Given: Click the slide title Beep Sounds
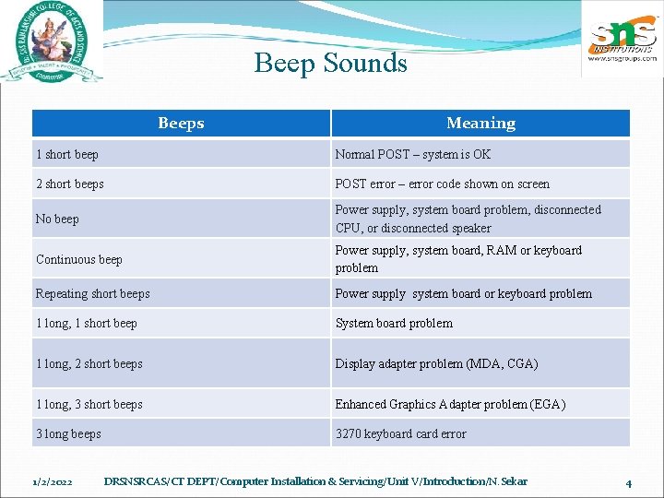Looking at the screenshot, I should [x=330, y=63].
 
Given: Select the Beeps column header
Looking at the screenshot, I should [x=181, y=124].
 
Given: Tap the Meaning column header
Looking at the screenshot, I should [x=480, y=124].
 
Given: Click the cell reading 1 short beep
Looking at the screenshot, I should [x=67, y=154].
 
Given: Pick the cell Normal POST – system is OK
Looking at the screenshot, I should [x=413, y=154].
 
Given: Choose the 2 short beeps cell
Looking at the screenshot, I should [x=70, y=184].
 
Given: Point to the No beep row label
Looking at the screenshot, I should [x=57, y=219].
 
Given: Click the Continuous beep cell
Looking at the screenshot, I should [x=79, y=259].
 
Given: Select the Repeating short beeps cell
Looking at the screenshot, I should [x=92, y=293].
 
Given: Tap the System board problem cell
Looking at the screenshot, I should [x=394, y=323].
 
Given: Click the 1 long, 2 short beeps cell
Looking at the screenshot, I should [x=89, y=363].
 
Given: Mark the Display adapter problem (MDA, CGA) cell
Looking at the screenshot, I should [x=436, y=363].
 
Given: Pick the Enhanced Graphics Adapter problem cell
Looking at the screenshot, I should [x=450, y=404].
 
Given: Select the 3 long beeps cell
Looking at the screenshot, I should [x=68, y=433].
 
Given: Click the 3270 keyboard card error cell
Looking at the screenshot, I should [x=400, y=433].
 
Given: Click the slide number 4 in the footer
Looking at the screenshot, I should [x=628, y=482].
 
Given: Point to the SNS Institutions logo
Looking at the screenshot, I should [x=622, y=41].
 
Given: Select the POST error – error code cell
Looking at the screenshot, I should [x=442, y=184].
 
